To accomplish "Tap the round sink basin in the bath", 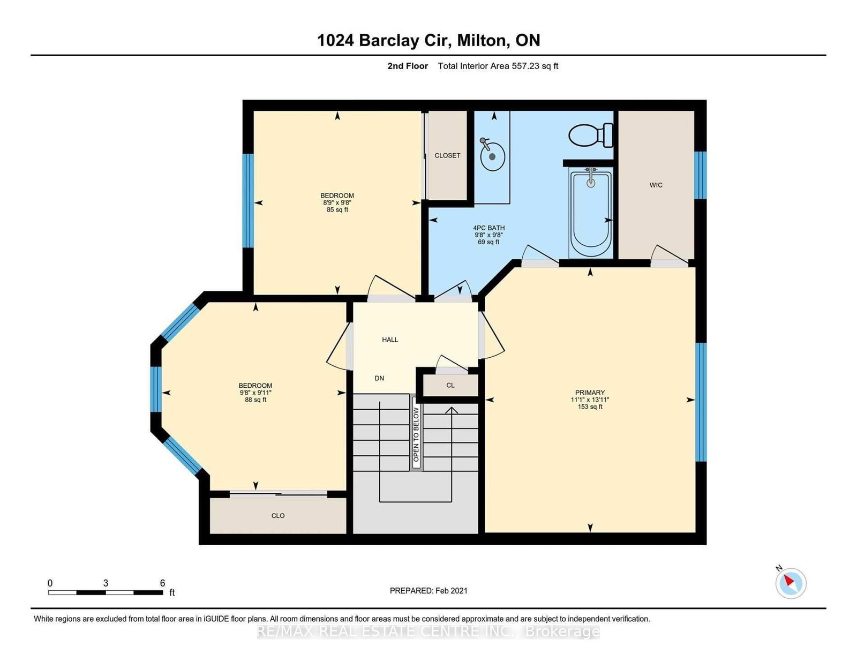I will pos(492,157).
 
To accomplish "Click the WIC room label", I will pos(656,185).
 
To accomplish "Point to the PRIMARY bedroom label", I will pos(590,393).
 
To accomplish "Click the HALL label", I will pos(390,340).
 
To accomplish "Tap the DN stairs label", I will pos(379,378).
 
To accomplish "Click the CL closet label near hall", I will pos(450,385).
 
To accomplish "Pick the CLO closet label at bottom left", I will pos(278,516).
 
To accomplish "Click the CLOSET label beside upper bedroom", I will pos(447,155).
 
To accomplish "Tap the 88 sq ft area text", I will pos(255,400).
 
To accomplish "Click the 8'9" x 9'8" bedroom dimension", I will pos(337,202).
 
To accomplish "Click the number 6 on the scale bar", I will pos(162,583).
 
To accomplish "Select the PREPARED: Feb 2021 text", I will pos(428,591).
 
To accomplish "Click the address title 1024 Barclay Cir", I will pos(386,40).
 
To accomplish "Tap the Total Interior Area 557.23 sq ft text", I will pos(498,66).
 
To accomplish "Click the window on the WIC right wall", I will pos(700,175).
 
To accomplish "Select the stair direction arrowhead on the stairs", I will pos(452,411).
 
